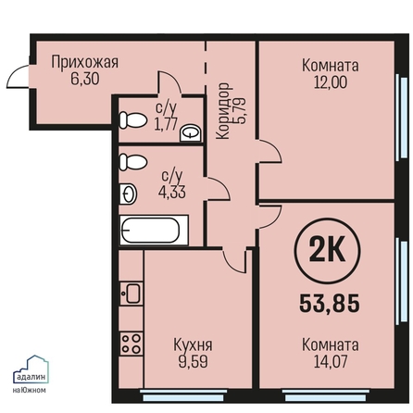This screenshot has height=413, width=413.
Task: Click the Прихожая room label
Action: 85,62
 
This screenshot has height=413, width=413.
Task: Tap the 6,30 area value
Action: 85,79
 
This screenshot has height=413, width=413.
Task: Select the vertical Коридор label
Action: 223,111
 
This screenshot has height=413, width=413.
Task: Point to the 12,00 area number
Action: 331,82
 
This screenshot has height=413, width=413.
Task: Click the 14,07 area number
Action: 331,361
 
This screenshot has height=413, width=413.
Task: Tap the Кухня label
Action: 193,345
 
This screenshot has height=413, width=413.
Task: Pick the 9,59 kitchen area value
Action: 193,361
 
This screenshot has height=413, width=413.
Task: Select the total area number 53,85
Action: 330,303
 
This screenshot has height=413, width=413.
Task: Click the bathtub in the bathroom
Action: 154,231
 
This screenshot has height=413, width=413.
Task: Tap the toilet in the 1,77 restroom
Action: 132,120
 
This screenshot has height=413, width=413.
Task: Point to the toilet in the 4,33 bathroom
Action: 132,162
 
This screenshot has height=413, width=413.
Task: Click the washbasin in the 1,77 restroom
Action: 191,132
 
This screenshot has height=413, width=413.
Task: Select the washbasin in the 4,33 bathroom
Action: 128,194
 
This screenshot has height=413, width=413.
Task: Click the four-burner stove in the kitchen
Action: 131,344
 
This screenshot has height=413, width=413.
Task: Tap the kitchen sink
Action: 131,294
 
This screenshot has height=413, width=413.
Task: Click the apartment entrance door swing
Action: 19,76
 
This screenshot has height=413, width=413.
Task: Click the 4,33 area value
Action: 172,193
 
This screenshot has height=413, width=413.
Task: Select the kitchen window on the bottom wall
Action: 183,394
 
